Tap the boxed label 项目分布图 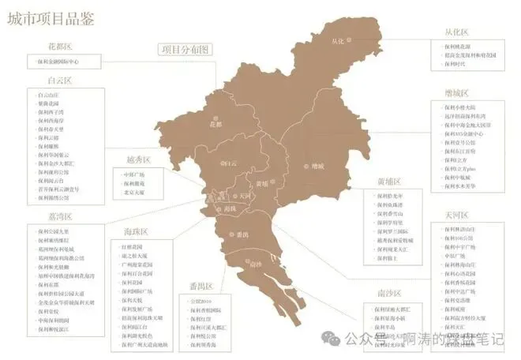(186, 49)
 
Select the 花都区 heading (60, 47)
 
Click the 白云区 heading (59, 81)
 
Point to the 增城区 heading (456, 93)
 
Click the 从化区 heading (455, 32)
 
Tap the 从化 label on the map (339, 40)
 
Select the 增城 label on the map (318, 166)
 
